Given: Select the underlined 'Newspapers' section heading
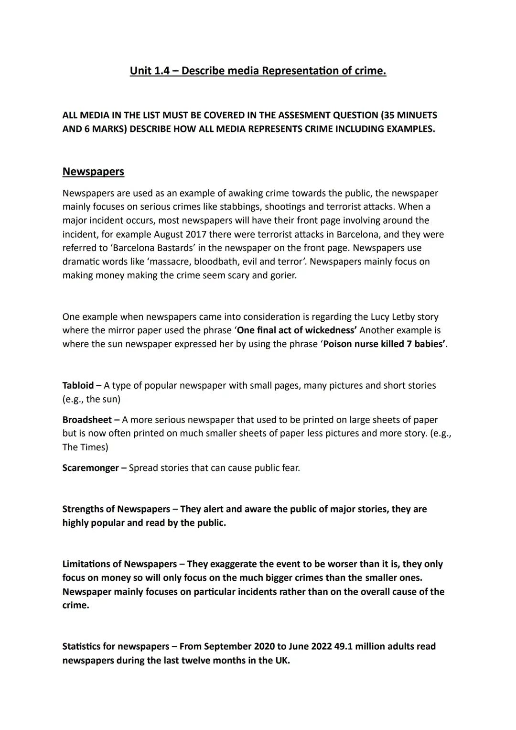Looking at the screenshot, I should tap(93, 172).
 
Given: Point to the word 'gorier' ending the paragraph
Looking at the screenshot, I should tap(282, 276).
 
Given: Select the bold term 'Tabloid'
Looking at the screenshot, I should tap(78, 385).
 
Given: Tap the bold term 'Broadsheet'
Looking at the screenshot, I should tap(86, 420).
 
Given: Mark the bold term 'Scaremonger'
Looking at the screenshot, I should tap(90, 468).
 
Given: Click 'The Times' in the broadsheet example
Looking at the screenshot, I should tap(85, 447).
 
